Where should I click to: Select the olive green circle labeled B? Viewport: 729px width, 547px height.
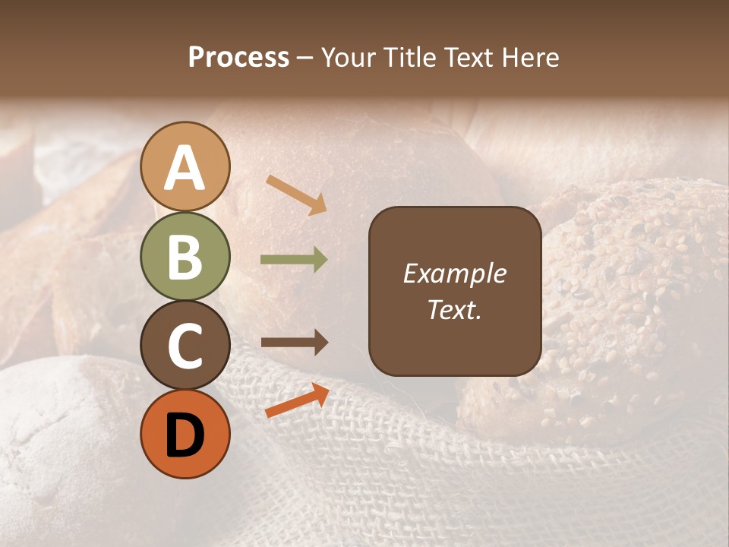tap(185, 256)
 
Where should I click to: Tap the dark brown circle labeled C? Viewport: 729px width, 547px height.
tap(185, 345)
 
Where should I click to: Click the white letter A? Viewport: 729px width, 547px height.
tap(185, 168)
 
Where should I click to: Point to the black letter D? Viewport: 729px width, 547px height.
tap(185, 436)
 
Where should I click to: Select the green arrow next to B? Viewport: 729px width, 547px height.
tap(294, 260)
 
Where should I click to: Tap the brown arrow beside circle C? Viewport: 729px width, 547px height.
tap(294, 343)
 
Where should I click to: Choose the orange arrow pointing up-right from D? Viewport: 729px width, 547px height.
tap(297, 400)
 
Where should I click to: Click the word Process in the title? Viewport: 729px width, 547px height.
tap(238, 58)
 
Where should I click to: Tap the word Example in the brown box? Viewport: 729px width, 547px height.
tap(454, 273)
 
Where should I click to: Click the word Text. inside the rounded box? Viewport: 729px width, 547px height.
tap(454, 309)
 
